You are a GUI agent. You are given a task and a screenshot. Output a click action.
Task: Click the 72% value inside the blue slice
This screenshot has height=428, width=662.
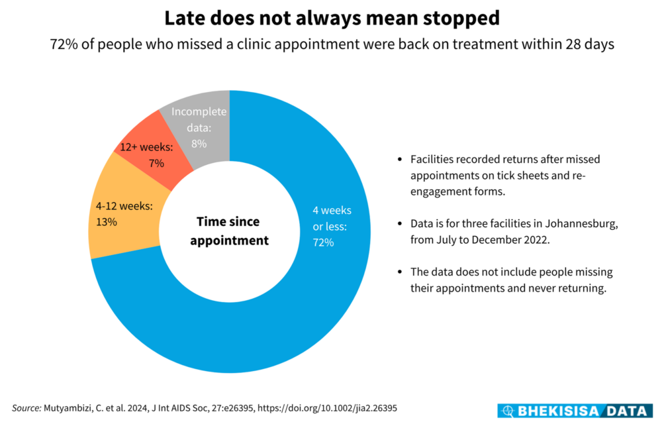[323, 242]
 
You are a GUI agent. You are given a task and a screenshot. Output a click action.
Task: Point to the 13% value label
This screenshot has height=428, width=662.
[107, 222]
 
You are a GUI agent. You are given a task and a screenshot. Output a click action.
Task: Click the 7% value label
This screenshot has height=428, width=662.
[157, 162]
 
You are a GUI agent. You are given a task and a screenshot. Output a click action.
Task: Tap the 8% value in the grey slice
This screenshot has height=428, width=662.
[199, 142]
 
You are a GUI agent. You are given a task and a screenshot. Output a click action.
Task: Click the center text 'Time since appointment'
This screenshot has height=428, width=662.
[230, 231]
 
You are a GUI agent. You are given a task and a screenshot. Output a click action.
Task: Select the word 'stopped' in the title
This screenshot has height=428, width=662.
[459, 18]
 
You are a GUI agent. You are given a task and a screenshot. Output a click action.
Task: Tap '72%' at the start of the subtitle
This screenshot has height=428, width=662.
[64, 46]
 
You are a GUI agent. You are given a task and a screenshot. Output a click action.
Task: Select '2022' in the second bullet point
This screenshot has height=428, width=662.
[535, 240]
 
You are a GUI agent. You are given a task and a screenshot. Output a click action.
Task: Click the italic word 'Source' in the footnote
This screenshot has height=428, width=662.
[27, 408]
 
